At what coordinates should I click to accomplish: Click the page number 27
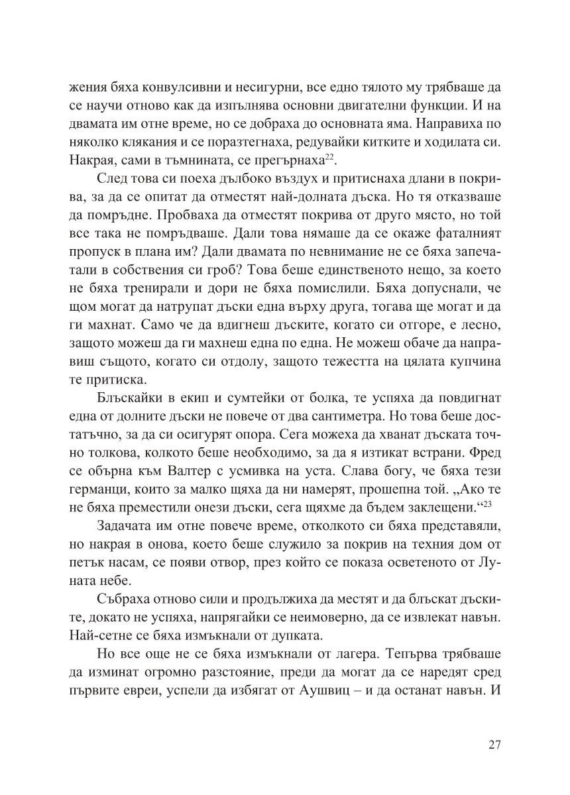pos(494,745)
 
